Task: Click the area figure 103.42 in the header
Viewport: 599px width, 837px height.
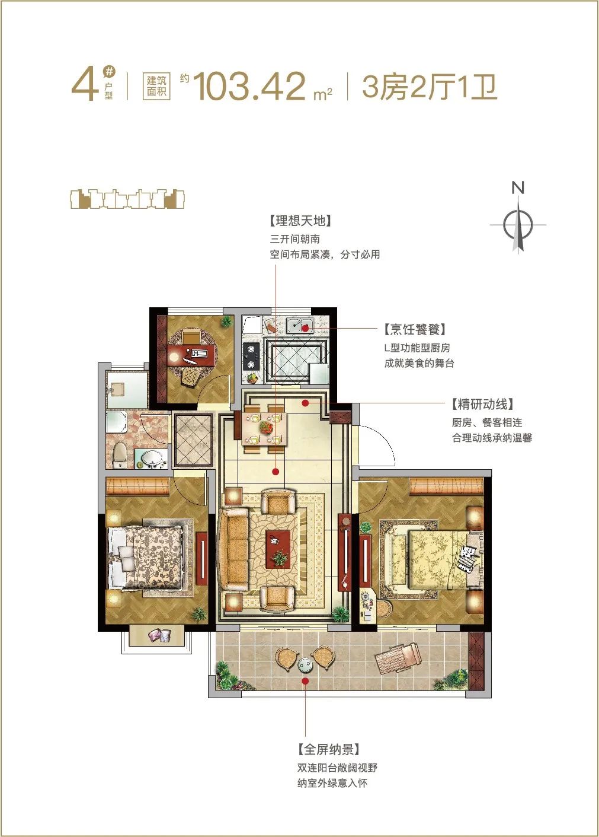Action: pos(249,87)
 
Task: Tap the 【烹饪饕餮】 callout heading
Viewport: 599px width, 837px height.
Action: pos(415,330)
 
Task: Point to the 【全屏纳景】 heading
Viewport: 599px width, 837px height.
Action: pos(329,750)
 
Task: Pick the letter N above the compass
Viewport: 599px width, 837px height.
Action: pos(518,187)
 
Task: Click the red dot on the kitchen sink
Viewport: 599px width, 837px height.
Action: pos(305,329)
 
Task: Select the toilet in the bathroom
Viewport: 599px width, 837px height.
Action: pos(120,455)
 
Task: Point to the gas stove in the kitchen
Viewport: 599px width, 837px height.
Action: pos(251,357)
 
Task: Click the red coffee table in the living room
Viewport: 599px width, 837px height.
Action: pos(278,549)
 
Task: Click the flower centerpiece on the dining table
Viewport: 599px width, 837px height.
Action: pos(265,427)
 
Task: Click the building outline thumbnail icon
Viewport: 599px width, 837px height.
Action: pos(127,199)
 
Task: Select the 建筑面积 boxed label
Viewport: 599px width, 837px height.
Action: pos(156,87)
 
